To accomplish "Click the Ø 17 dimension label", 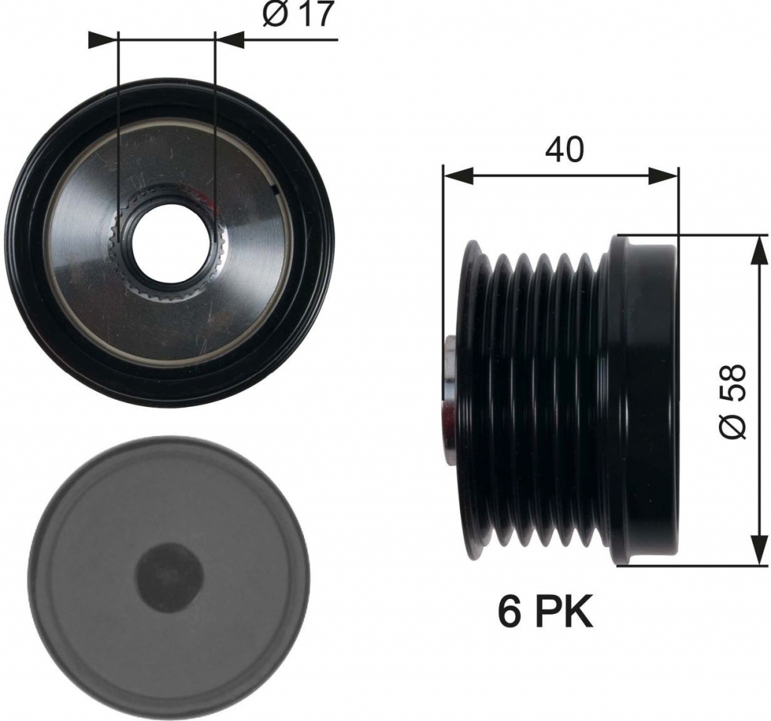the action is click(x=298, y=15).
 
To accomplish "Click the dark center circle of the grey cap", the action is click(x=169, y=576).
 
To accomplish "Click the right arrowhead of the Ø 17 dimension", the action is click(x=230, y=40).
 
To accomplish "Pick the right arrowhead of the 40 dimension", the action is click(x=663, y=176).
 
